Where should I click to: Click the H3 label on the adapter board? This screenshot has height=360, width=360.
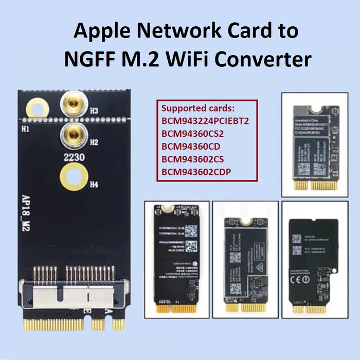(94, 110)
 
